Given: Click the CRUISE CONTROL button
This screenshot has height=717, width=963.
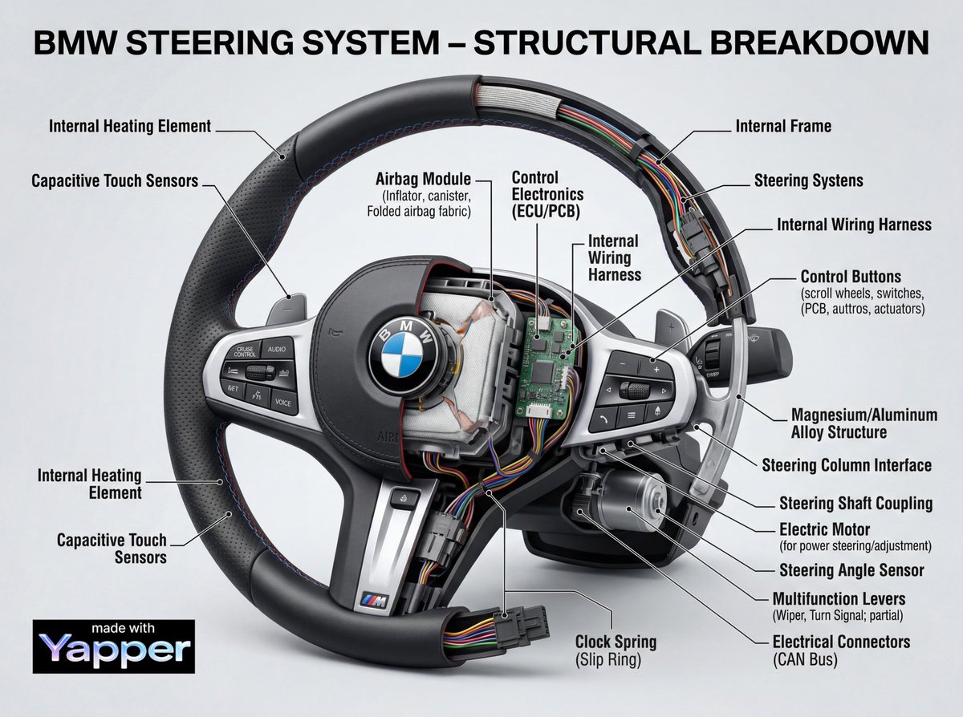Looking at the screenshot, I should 245,350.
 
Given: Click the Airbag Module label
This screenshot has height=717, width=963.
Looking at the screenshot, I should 423,179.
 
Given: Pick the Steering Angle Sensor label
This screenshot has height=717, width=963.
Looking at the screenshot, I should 851,570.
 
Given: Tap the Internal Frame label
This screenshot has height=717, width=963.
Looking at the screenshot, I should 783,126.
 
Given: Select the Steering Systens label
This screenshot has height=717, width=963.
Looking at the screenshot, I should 809,180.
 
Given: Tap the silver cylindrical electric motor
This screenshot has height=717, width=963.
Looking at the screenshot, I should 634,495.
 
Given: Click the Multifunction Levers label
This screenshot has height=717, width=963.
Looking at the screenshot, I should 839,598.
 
